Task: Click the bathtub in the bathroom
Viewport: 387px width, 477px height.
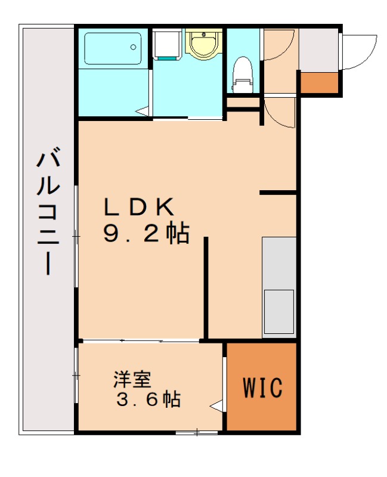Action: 113,48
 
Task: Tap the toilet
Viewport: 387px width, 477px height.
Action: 242,73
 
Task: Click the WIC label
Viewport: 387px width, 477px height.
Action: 262,388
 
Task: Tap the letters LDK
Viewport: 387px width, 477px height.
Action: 139,207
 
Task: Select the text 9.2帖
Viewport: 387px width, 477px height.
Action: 145,234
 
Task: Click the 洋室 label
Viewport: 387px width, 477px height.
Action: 132,379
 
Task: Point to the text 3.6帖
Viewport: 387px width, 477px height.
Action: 148,399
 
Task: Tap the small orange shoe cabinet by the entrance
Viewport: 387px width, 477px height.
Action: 318,82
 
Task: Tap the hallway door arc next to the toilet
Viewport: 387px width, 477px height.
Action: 278,45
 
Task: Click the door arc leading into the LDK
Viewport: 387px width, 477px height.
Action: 279,113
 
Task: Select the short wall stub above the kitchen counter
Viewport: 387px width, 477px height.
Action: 278,193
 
